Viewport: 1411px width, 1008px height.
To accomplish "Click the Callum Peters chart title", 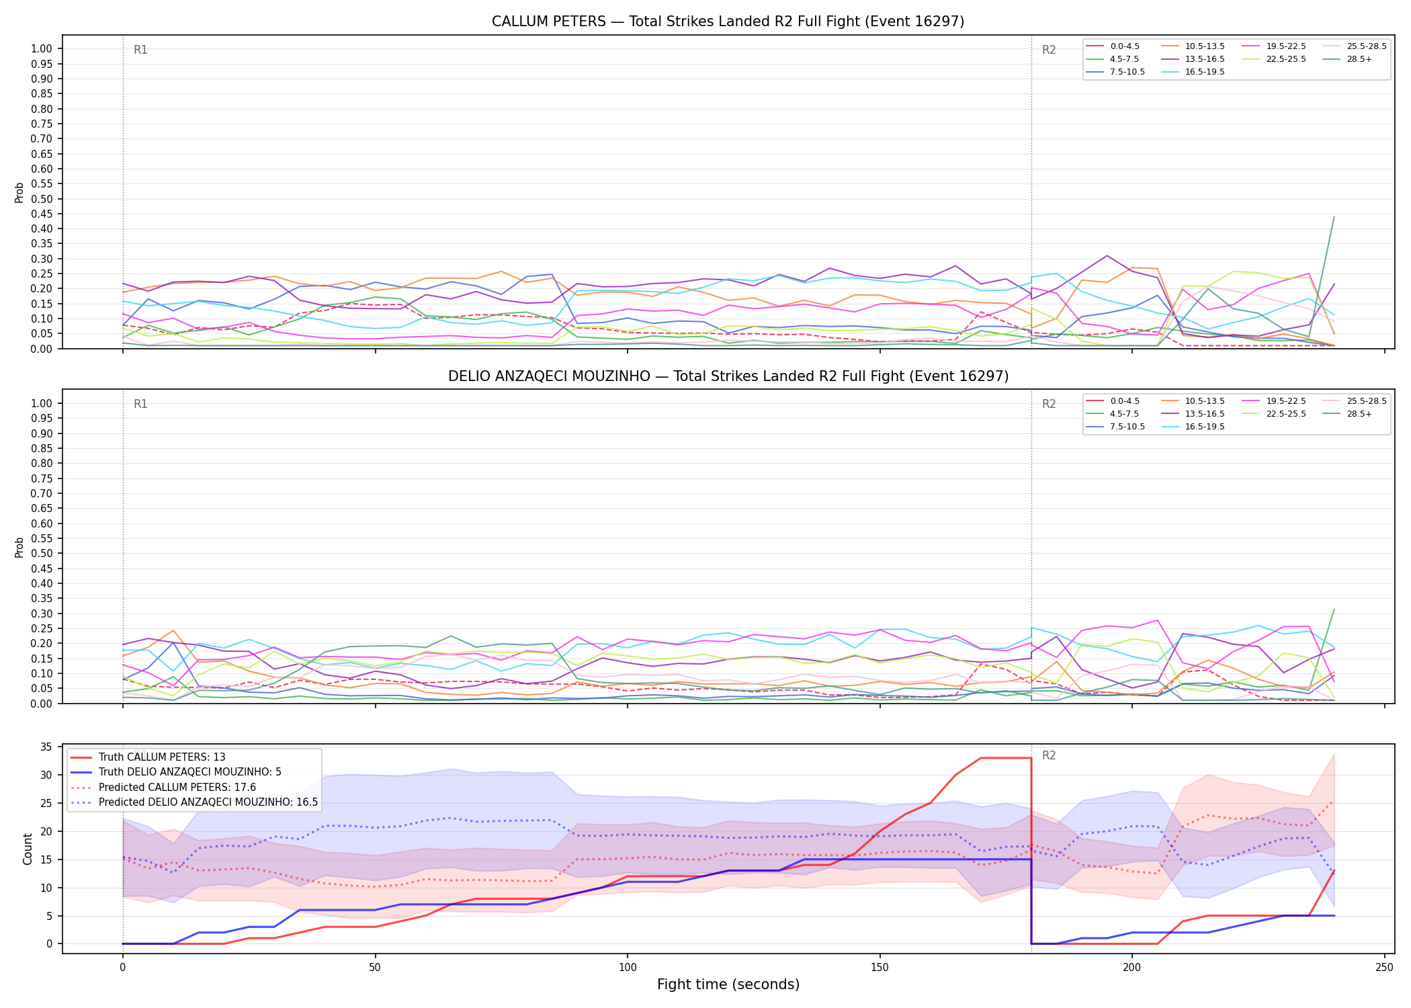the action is (728, 22).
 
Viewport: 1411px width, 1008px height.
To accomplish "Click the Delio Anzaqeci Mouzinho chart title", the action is (728, 376).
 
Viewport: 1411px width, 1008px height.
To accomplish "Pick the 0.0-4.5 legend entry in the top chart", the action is (1113, 46).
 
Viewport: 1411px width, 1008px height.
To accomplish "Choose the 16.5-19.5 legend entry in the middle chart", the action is (1193, 427).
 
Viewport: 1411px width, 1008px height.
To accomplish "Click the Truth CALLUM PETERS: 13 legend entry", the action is (148, 757).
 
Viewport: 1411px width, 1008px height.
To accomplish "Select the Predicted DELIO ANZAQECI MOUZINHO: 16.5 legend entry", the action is (194, 802).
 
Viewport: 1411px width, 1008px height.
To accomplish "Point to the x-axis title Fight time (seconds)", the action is (728, 984).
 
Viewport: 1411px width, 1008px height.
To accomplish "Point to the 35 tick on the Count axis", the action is (46, 747).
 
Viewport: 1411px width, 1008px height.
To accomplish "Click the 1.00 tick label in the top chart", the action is (42, 48).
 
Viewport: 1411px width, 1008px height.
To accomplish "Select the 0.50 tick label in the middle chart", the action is (42, 554).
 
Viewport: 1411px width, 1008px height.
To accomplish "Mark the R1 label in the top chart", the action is (140, 50).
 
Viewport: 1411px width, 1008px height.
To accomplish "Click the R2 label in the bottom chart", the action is (1049, 755).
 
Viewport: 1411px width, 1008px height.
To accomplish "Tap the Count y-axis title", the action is (28, 849).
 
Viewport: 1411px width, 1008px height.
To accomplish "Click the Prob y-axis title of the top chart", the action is (19, 192).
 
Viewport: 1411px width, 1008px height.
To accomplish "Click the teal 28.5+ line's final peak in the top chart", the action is (1334, 216).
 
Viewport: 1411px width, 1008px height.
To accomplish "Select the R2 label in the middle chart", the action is (1049, 404).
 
